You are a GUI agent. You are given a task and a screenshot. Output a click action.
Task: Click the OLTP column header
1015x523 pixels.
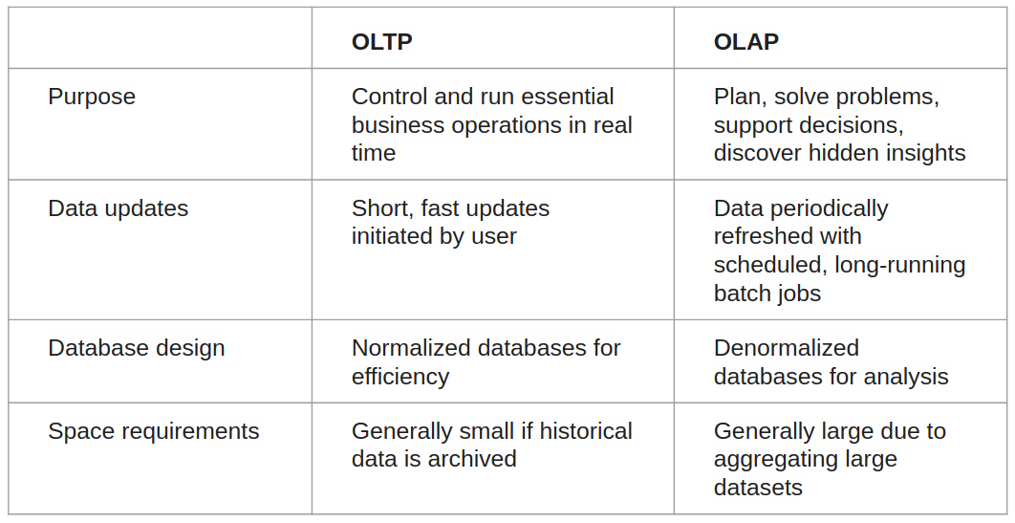(382, 42)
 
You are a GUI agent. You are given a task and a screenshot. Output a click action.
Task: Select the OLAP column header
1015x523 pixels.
(746, 42)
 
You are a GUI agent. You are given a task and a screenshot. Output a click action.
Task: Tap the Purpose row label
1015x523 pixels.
(92, 97)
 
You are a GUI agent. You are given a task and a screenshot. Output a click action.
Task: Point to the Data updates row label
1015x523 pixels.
(118, 208)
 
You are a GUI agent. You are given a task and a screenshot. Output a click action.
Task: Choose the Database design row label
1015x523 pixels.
(137, 348)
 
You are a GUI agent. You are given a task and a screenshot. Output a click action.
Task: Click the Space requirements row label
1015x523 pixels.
(153, 431)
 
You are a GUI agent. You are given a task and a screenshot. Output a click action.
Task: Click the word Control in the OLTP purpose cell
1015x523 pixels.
(387, 97)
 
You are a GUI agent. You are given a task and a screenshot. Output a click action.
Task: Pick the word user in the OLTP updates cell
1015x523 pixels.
(493, 236)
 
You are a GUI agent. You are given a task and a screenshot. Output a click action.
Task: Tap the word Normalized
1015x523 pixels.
(413, 348)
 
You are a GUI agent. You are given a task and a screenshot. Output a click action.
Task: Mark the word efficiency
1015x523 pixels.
(400, 377)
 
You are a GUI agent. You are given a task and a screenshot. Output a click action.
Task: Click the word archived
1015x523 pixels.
(472, 459)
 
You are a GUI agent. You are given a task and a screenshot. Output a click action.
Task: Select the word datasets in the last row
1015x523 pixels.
(758, 488)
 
